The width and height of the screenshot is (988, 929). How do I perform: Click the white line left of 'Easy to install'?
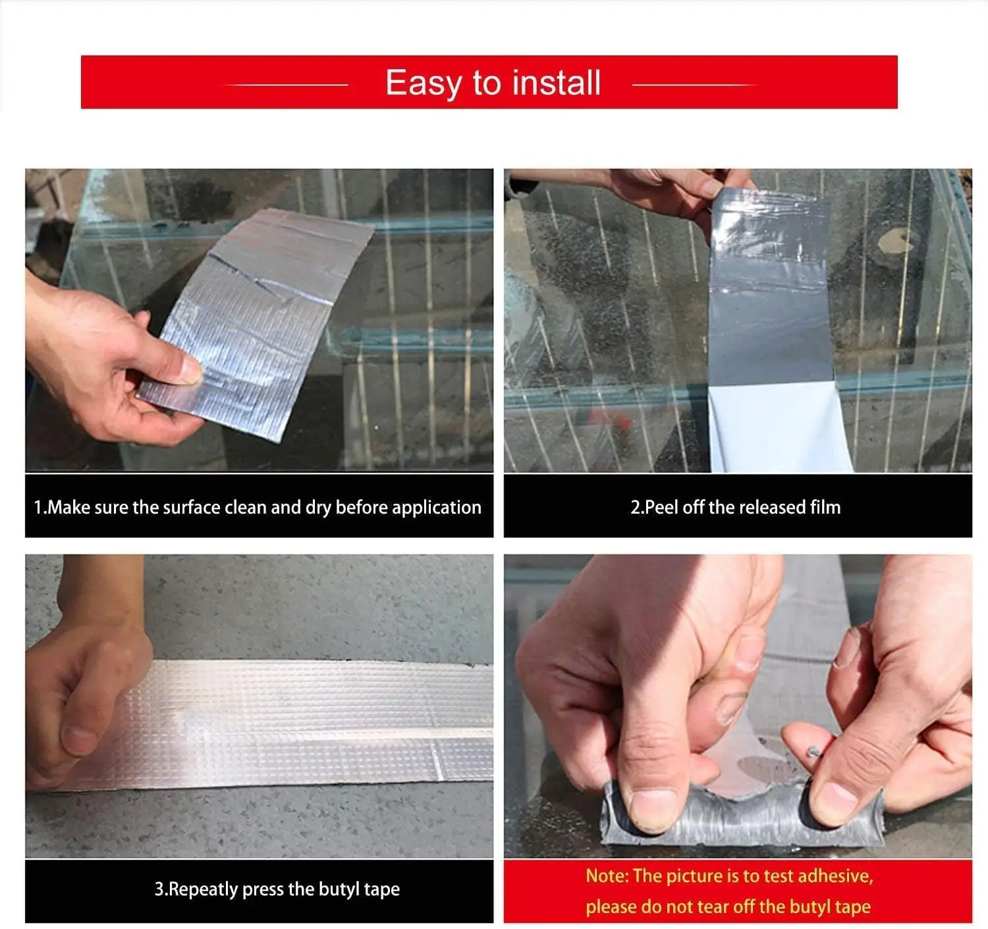coord(288,85)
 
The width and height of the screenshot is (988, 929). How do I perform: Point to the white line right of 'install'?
coord(694,85)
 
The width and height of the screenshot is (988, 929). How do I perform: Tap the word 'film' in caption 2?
coord(825,507)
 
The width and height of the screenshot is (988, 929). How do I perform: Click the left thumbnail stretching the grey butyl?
coord(653,808)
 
